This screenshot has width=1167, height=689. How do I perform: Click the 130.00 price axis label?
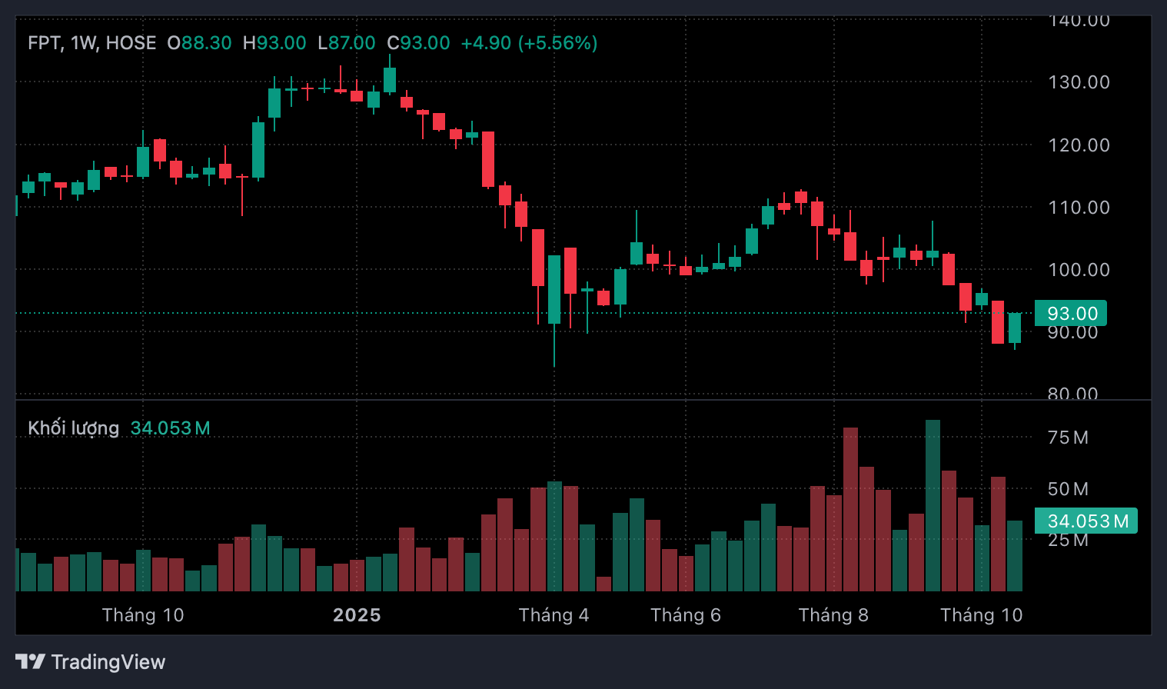[1079, 82]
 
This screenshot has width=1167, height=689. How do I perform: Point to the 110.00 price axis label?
[1079, 208]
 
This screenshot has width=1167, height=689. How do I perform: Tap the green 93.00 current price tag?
[1071, 314]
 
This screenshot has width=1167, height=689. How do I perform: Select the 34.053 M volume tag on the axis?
[1086, 521]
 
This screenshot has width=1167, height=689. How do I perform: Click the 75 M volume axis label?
[1068, 438]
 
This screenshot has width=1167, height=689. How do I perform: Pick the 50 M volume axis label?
[1068, 489]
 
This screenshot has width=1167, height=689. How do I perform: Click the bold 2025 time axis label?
[357, 615]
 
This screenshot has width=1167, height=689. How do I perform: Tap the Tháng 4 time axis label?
[554, 615]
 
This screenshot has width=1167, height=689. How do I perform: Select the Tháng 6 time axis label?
[686, 615]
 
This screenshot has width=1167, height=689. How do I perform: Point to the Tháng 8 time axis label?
[833, 615]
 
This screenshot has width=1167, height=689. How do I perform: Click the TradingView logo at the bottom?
[91, 662]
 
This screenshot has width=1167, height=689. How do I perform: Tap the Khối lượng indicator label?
[74, 428]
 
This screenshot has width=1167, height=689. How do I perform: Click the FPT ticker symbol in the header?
[45, 43]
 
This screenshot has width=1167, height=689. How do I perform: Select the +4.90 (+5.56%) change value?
[529, 43]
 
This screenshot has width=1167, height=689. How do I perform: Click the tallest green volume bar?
[933, 506]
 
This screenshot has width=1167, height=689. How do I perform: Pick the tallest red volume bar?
[850, 509]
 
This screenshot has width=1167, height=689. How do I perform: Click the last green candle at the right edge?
[1015, 328]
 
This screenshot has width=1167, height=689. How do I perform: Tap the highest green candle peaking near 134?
[390, 79]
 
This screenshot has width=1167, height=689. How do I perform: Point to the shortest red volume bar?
[603, 584]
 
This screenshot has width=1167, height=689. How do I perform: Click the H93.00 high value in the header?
[274, 43]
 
